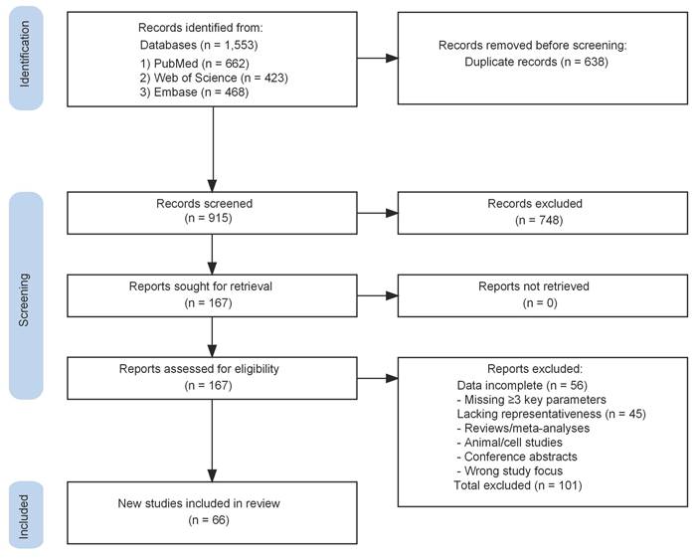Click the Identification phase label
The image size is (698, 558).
tap(26, 54)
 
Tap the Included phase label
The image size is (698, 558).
tap(26, 515)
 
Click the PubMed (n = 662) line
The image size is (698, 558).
tap(194, 64)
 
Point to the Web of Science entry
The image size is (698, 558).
tap(214, 78)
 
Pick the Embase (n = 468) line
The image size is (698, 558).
tap(194, 93)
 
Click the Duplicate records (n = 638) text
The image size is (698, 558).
tap(536, 62)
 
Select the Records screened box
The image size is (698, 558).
tap(212, 213)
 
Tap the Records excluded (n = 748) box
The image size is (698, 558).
tap(542, 213)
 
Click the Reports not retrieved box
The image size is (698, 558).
tap(542, 295)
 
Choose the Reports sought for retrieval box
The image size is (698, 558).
tap(212, 295)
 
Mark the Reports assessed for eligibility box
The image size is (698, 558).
tap(212, 378)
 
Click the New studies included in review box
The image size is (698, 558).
tap(212, 512)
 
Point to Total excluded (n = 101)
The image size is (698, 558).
tap(518, 485)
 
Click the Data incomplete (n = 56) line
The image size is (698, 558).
tap(522, 385)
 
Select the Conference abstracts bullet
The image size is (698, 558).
tap(517, 457)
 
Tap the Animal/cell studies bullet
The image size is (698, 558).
tap(509, 443)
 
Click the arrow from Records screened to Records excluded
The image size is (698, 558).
tap(378, 213)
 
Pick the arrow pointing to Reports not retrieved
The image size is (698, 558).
tap(378, 295)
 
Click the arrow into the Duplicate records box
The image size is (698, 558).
tap(378, 58)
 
